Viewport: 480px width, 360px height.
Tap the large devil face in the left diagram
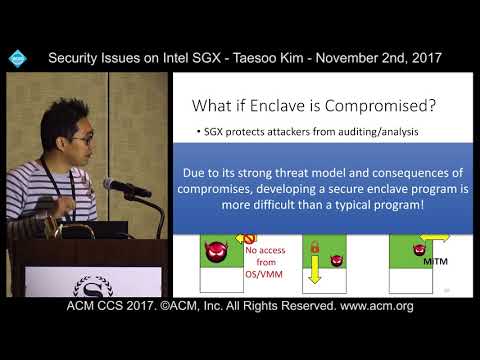tap(214, 251)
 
